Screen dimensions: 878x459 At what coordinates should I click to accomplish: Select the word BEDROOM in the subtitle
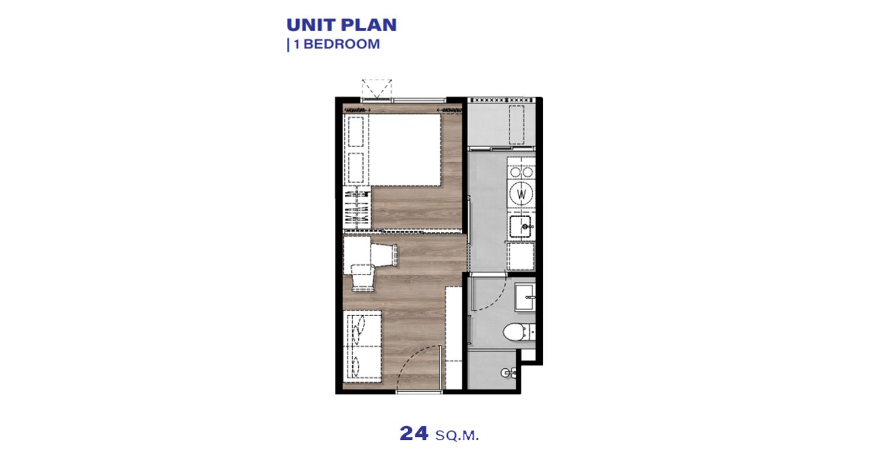342,44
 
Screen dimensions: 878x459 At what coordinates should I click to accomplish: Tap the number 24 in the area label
413,433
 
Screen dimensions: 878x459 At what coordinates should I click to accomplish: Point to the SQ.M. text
457,436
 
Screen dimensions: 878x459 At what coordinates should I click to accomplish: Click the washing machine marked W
522,194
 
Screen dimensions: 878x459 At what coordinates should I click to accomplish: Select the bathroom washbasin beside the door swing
525,297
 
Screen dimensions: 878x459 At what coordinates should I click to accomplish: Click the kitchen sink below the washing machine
520,227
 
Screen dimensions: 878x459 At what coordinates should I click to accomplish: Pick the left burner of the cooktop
516,172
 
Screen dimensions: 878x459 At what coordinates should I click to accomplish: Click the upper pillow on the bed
355,132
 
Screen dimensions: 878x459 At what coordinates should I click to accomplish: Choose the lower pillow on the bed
355,167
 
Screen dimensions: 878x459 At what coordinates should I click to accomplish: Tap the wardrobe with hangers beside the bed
357,208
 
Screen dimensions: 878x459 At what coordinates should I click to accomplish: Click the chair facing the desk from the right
384,254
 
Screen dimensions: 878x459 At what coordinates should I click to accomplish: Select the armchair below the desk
362,278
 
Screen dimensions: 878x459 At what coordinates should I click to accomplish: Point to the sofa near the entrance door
362,346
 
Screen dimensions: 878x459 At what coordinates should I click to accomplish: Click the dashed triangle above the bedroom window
377,88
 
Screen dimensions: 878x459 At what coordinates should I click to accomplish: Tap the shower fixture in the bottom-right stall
509,373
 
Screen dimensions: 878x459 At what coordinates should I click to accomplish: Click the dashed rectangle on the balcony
517,125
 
